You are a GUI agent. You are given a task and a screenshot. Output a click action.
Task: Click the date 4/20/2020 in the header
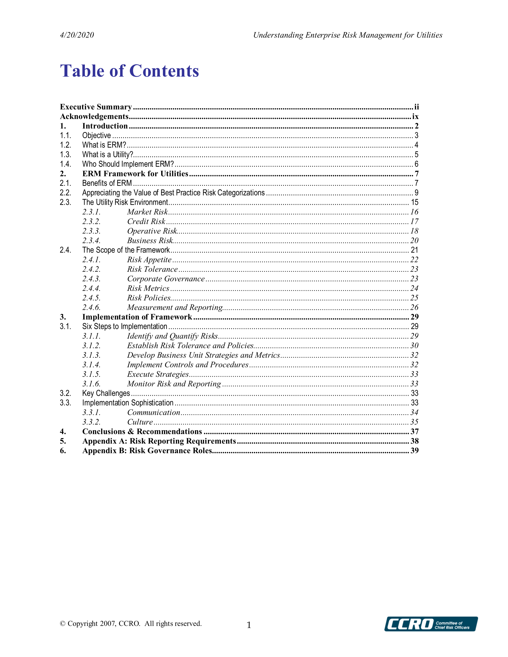[x=77, y=35]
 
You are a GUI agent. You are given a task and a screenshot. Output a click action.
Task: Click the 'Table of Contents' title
[x=130, y=71]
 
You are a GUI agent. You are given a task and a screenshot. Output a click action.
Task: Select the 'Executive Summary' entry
[x=96, y=107]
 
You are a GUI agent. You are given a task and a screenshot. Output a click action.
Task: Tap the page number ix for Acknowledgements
[x=415, y=116]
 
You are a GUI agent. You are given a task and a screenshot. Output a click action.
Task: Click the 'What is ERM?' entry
[x=104, y=145]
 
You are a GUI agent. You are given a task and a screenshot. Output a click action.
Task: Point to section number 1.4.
[x=65, y=164]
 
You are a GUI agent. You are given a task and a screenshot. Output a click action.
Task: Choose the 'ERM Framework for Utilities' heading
[x=135, y=174]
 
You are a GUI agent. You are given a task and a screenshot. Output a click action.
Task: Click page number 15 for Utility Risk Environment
[x=415, y=203]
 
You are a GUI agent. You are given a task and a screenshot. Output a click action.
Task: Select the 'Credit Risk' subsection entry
[x=146, y=221]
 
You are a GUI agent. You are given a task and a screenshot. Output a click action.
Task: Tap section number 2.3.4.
[x=91, y=241]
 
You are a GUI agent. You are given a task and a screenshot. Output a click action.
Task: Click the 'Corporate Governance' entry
[x=166, y=279]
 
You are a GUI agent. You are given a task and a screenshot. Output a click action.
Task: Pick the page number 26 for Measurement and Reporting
[x=414, y=307]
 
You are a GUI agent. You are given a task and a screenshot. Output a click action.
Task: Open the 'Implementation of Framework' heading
[x=137, y=317]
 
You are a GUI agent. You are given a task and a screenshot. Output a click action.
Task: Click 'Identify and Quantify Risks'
[x=172, y=336]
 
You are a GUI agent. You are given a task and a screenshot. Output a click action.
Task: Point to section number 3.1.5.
[x=91, y=374]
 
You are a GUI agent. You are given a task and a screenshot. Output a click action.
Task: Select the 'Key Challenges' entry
[x=106, y=394]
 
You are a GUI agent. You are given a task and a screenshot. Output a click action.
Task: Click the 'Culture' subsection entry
[x=140, y=422]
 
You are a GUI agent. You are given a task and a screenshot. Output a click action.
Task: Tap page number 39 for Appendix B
[x=415, y=451]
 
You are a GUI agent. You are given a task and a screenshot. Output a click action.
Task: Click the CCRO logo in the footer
[x=431, y=624]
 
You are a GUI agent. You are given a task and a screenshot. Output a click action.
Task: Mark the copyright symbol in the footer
[x=63, y=624]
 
